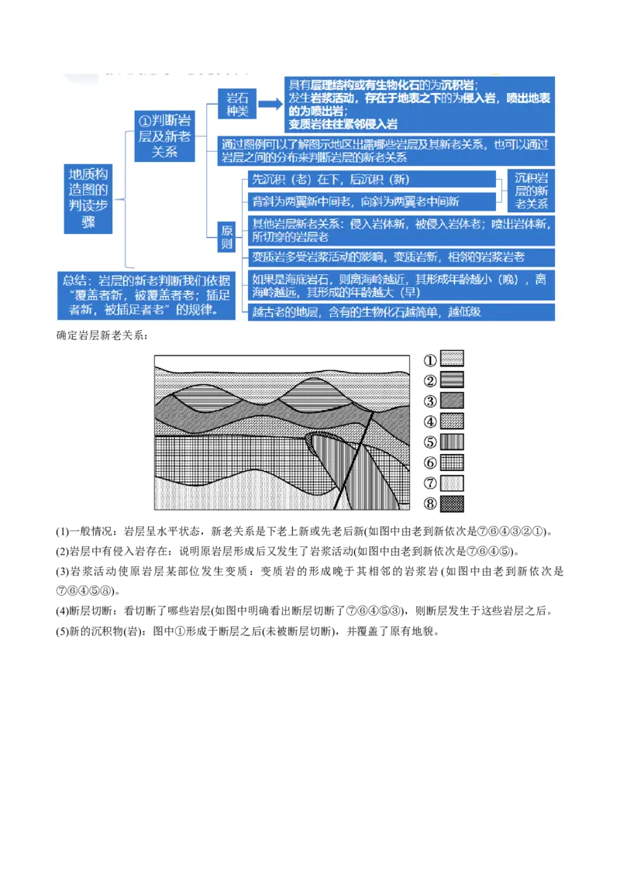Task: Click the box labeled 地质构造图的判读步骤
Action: [x=89, y=198]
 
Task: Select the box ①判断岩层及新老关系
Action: [x=164, y=136]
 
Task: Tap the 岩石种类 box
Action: [x=236, y=104]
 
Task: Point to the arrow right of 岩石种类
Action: [x=269, y=105]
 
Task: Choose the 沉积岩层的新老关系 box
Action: [x=531, y=191]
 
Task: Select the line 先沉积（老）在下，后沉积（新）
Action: [x=372, y=180]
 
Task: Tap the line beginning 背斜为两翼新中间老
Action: [x=372, y=201]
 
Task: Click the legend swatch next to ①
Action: [x=452, y=359]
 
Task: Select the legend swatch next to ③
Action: [x=452, y=401]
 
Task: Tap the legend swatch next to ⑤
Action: [x=452, y=442]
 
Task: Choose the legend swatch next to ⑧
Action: [x=452, y=504]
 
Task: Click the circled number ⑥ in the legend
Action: [x=430, y=463]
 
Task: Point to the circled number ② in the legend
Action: [x=430, y=380]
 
